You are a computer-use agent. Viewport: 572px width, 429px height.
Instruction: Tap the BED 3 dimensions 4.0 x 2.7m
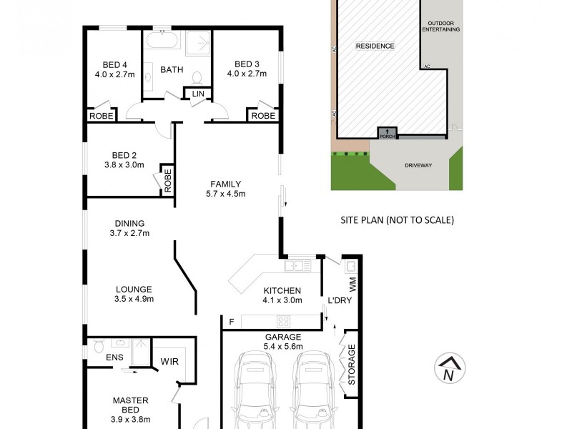246,74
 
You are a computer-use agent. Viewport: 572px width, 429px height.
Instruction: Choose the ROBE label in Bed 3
263,116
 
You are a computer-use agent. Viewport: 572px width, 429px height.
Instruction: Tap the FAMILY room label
225,184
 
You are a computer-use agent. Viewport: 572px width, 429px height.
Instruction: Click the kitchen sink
296,266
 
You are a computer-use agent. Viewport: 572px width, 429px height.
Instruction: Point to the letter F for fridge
231,322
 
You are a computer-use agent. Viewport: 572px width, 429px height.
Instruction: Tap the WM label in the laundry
352,285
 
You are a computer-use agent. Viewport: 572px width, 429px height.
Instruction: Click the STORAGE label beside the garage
351,365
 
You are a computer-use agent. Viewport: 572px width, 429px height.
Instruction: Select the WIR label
170,360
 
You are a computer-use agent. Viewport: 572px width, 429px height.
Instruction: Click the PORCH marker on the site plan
387,132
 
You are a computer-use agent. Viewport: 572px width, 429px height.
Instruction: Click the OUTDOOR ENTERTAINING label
440,26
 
